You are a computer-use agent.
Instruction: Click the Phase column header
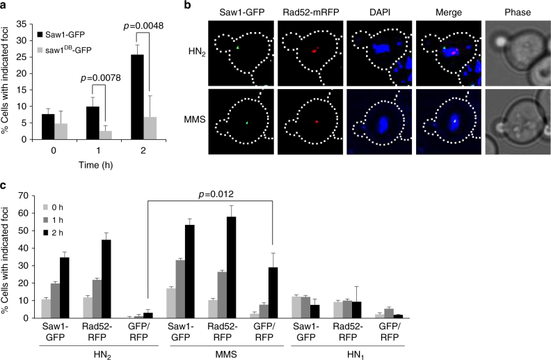[x=511, y=11]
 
